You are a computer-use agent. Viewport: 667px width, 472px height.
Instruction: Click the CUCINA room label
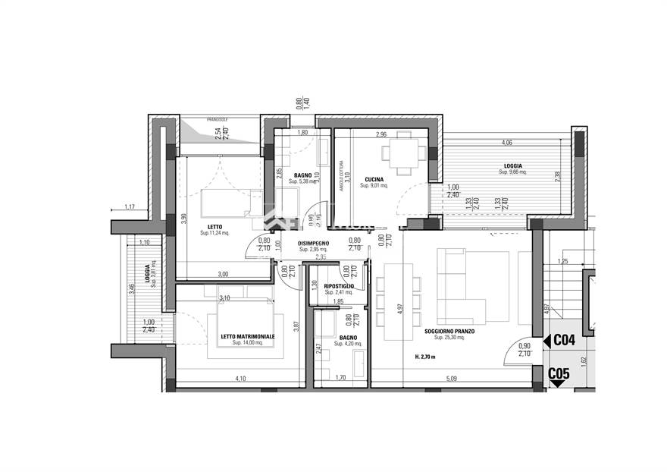pyautogui.click(x=374, y=180)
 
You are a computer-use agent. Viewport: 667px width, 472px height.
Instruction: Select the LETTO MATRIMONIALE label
pyautogui.click(x=248, y=336)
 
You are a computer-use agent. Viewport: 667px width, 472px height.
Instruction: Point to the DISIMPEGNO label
pyautogui.click(x=313, y=243)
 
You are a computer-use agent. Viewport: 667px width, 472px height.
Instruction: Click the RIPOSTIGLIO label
pyautogui.click(x=340, y=286)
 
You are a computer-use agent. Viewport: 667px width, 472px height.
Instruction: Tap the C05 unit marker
pyautogui.click(x=559, y=373)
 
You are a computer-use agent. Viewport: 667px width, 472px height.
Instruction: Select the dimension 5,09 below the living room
pyautogui.click(x=452, y=378)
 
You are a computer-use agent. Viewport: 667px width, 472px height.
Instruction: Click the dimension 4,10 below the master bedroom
pyautogui.click(x=240, y=378)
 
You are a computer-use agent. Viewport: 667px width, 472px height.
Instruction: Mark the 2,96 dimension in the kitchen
pyautogui.click(x=381, y=135)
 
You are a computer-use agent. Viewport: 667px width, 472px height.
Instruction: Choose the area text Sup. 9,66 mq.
pyautogui.click(x=513, y=172)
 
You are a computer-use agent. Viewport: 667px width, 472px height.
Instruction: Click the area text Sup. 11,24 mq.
pyautogui.click(x=215, y=233)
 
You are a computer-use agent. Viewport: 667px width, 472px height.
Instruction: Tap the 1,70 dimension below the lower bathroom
pyautogui.click(x=340, y=378)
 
